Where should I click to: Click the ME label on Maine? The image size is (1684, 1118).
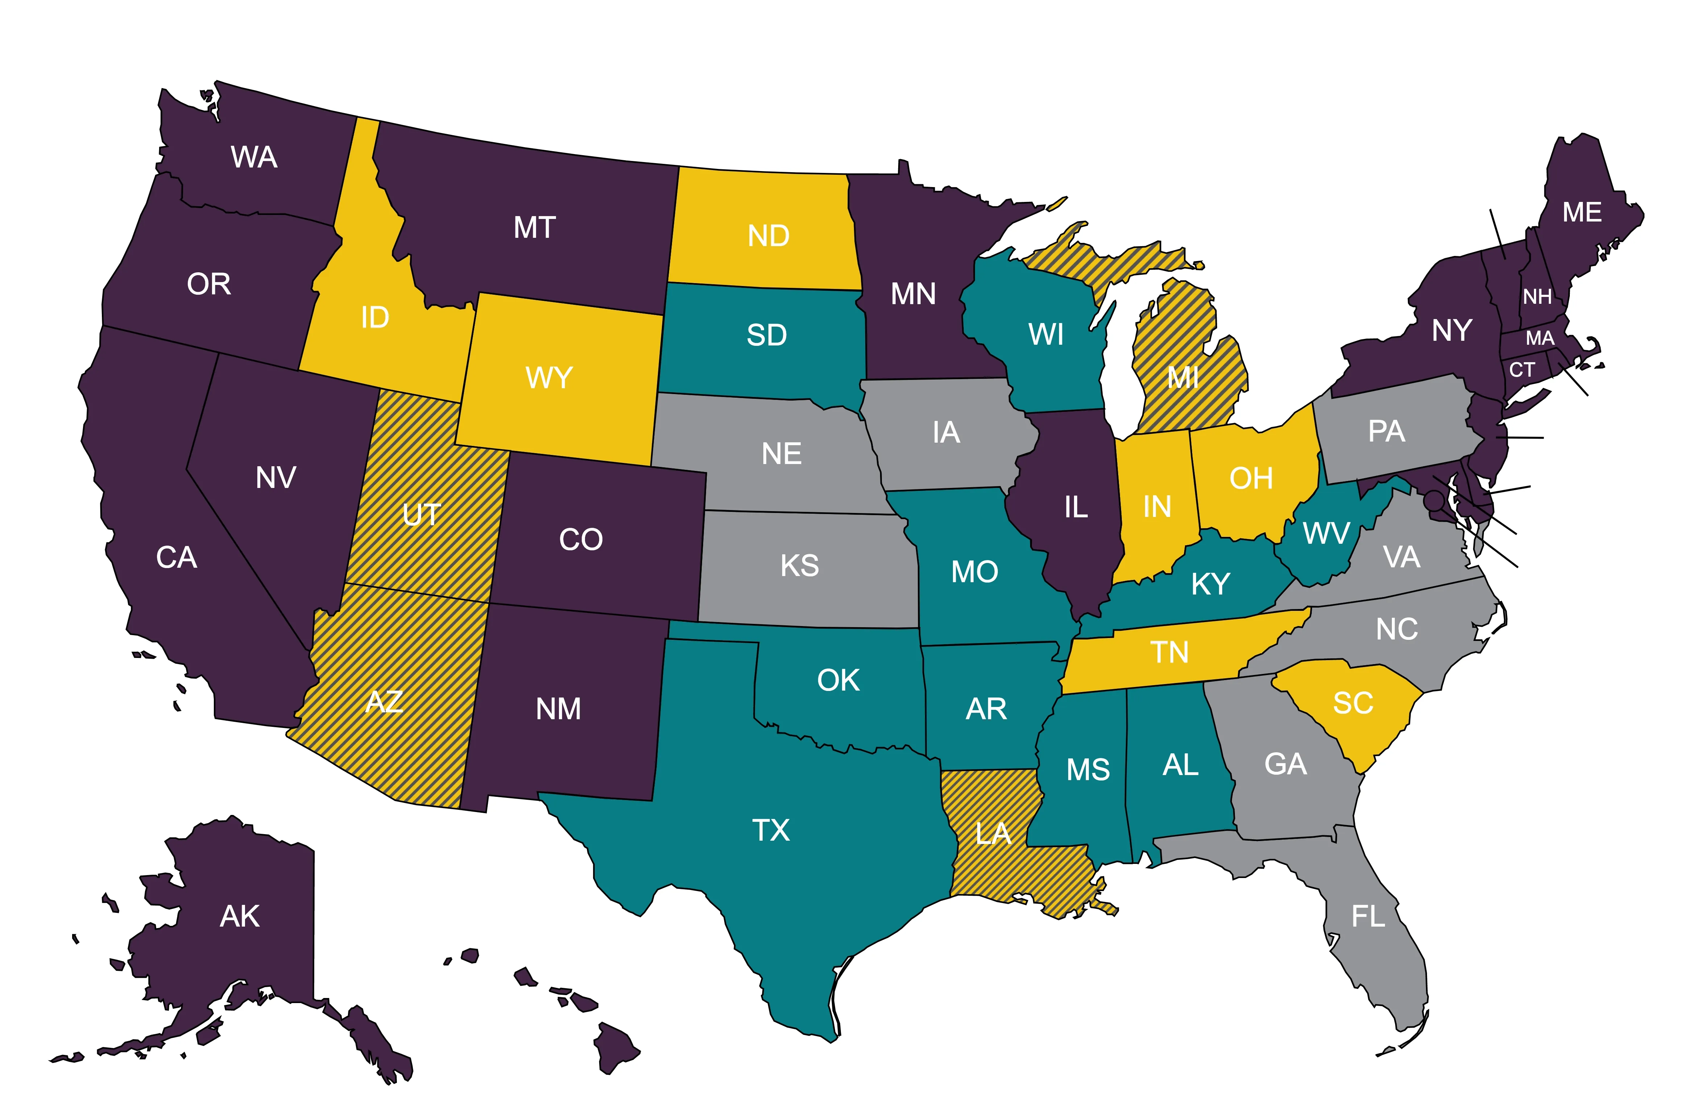tap(1581, 212)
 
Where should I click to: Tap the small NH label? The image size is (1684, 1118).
tap(1537, 297)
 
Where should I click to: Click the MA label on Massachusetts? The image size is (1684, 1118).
tap(1539, 338)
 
